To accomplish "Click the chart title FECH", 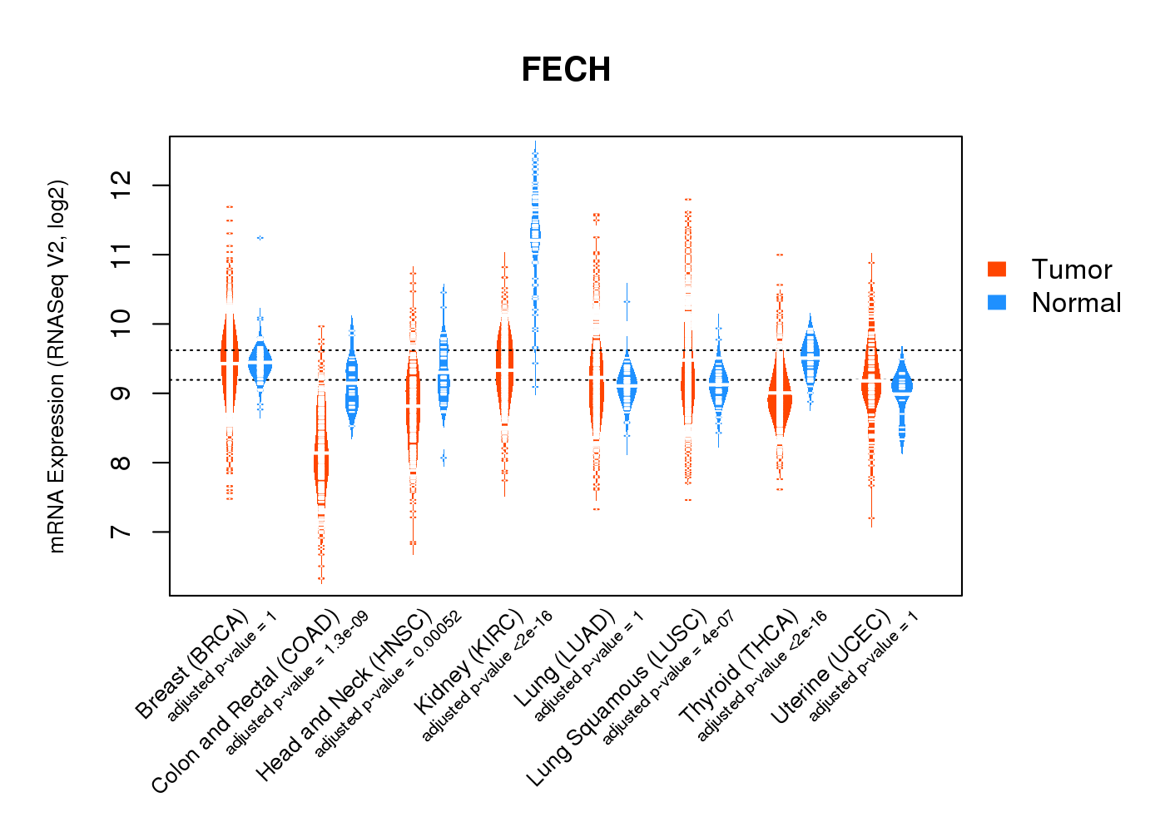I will click(x=566, y=70).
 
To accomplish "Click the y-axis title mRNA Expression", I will click(x=57, y=366).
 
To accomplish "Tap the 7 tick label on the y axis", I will click(x=121, y=532).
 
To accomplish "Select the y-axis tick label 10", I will click(x=121, y=324).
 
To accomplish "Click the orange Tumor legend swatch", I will click(x=997, y=269).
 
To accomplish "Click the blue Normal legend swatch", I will click(x=997, y=302).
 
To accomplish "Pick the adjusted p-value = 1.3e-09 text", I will click(x=297, y=682).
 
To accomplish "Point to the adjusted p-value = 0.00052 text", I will click(x=389, y=684).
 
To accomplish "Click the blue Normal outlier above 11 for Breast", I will click(x=260, y=238).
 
